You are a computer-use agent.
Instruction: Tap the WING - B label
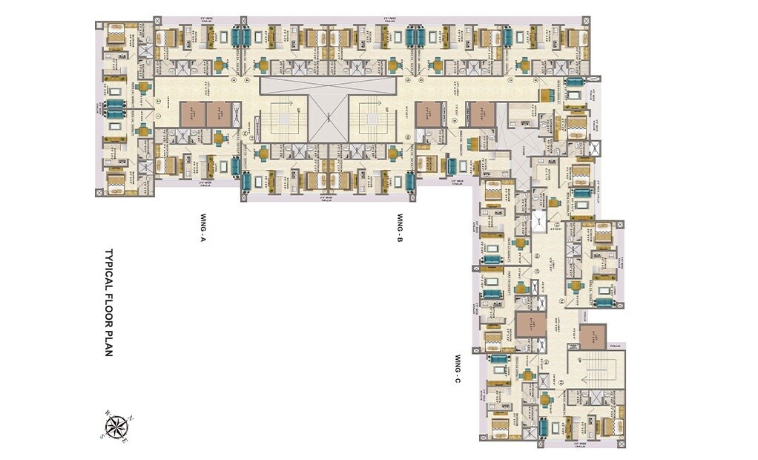399,229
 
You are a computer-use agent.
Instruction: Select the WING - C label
458,369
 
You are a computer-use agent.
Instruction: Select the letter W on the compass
107,413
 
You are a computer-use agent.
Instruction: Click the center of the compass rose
116,427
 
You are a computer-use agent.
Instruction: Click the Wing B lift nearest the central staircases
429,113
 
